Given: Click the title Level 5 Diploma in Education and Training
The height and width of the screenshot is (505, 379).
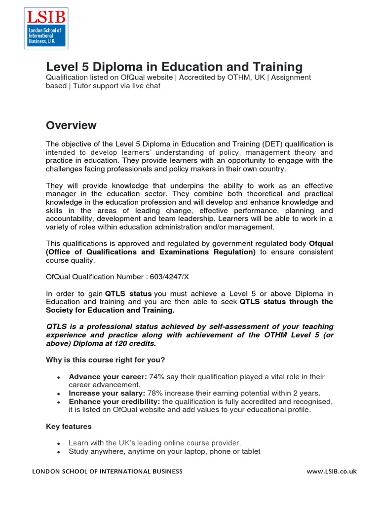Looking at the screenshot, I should [x=174, y=67].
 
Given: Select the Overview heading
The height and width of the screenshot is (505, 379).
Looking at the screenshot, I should [x=71, y=125].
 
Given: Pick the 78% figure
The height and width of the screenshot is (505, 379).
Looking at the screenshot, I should [x=155, y=393].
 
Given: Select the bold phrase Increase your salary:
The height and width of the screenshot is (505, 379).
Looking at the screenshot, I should [x=107, y=393].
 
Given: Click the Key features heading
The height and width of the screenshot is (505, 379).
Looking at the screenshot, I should [x=69, y=426].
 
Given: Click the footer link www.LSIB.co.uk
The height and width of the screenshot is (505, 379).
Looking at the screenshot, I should [x=331, y=471].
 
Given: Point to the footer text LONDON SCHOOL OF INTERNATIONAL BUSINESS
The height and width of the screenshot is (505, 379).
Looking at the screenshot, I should [x=107, y=471].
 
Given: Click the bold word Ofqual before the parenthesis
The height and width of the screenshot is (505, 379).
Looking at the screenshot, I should [x=321, y=243].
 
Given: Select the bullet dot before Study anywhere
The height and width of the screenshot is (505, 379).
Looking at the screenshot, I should [x=59, y=452].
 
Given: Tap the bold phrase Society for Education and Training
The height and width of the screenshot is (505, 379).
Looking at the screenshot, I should [x=110, y=310].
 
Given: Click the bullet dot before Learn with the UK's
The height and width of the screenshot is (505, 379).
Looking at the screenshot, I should [x=59, y=443].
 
